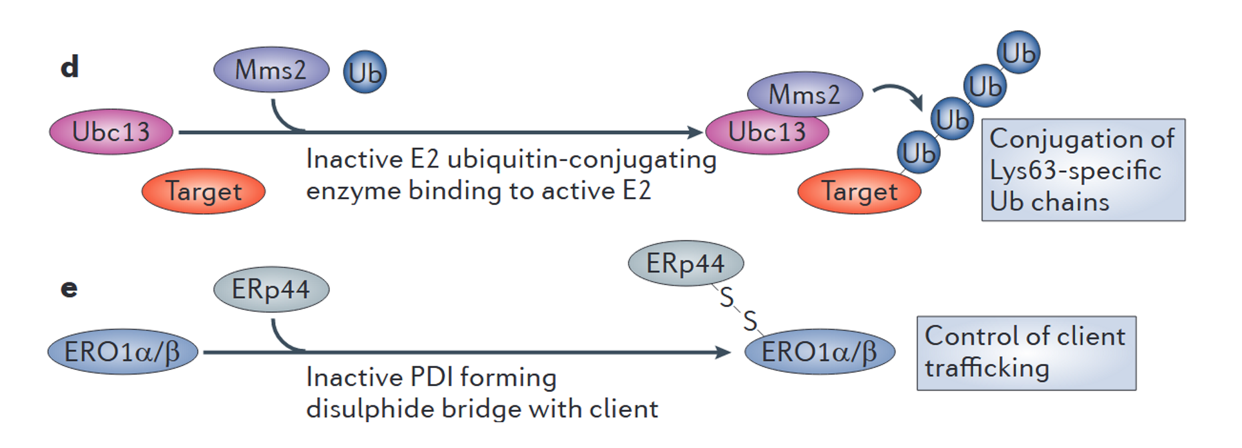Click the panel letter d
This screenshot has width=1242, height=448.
click(70, 67)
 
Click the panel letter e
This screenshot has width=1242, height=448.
click(69, 288)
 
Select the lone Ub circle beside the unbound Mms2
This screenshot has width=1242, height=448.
click(365, 72)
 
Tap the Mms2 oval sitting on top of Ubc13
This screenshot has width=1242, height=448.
click(804, 94)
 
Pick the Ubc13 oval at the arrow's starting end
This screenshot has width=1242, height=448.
click(111, 132)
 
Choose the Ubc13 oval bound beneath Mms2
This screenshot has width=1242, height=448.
click(767, 133)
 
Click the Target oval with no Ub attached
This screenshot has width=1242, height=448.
click(203, 191)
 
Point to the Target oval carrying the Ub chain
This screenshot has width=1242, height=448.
click(859, 191)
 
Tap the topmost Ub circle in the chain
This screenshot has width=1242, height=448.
click(1018, 53)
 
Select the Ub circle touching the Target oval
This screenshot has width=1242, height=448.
click(918, 153)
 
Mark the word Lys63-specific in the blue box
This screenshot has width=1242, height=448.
click(1075, 170)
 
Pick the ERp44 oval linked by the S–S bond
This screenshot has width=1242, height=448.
click(685, 264)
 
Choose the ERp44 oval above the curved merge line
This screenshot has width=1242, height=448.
click(271, 289)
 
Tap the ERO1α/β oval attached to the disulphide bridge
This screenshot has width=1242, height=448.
click(819, 353)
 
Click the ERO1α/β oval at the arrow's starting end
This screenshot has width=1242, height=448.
click(122, 353)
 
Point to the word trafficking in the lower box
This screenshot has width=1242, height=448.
click(987, 368)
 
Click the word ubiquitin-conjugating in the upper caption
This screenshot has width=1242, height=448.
click(581, 159)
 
